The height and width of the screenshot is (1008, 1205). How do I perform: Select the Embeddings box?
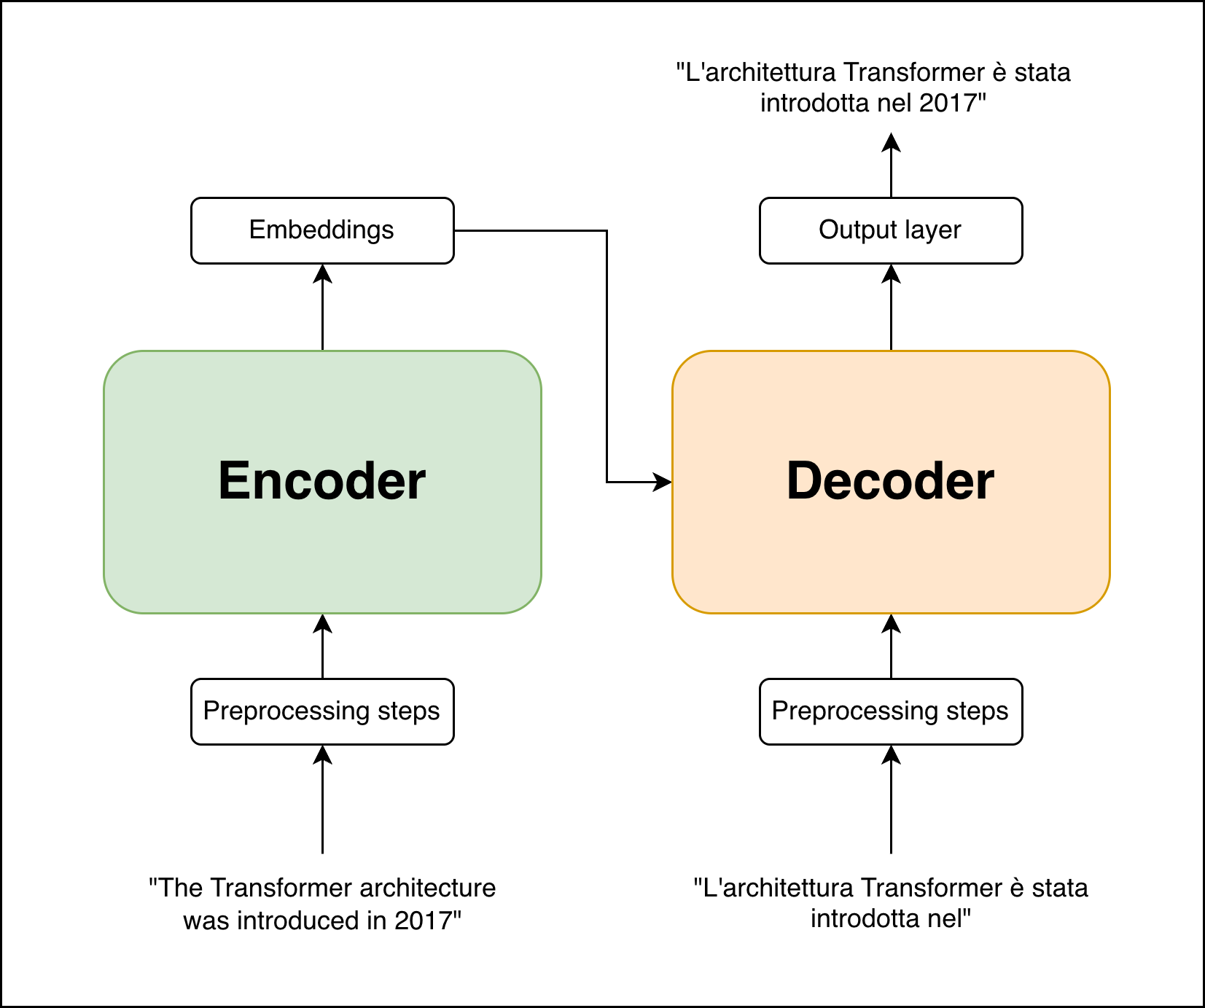point(322,230)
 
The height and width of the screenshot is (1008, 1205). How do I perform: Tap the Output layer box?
point(891,230)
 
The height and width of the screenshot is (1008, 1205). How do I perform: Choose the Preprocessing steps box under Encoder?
point(322,711)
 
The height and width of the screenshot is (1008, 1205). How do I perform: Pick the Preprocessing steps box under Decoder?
point(891,711)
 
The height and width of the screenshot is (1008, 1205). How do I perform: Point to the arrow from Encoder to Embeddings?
point(322,306)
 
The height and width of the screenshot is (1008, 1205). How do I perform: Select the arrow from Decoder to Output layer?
point(891,306)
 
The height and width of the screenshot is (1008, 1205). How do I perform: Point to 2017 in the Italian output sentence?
point(948,103)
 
